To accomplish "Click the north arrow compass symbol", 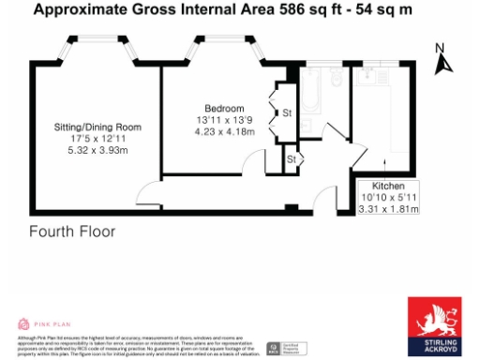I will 443,64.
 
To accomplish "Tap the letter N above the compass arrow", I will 440,48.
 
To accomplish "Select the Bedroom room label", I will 224,108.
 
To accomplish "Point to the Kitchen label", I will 388,186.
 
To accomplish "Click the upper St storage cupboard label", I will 286,113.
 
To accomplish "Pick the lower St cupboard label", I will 292,160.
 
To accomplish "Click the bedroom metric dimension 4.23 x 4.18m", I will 225,131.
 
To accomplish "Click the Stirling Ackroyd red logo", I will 433,326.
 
